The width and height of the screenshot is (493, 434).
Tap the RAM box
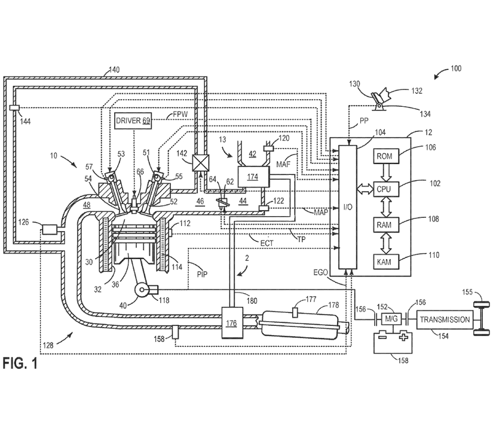click(382, 225)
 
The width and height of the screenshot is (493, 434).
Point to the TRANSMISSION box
click(444, 320)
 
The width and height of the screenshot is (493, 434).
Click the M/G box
click(390, 320)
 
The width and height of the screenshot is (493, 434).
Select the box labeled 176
click(231, 323)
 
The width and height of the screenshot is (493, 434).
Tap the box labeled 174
click(253, 177)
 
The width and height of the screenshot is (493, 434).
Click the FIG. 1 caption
click(19, 364)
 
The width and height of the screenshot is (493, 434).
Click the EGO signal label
click(320, 272)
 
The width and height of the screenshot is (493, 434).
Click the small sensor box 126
click(49, 229)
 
